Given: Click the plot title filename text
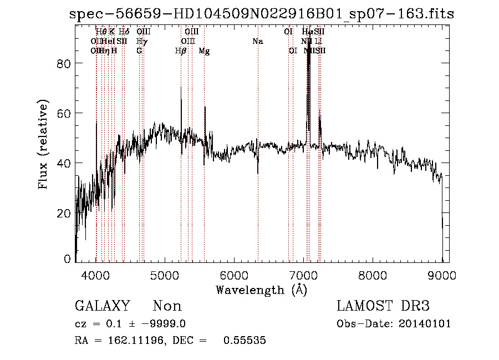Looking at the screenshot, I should [x=262, y=14].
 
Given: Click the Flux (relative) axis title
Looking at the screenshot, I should [x=43, y=144].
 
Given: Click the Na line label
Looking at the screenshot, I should [x=257, y=41].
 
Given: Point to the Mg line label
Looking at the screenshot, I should [x=204, y=51].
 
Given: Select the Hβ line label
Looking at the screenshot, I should [x=181, y=51].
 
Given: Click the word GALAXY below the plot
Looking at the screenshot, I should [x=102, y=306].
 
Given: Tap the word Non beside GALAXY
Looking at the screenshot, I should [x=167, y=306].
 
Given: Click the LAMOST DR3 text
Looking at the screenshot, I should [x=383, y=306].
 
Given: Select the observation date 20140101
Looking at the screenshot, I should [x=425, y=324].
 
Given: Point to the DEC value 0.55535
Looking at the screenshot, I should [x=245, y=341].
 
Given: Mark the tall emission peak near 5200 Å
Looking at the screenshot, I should [x=181, y=87].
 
